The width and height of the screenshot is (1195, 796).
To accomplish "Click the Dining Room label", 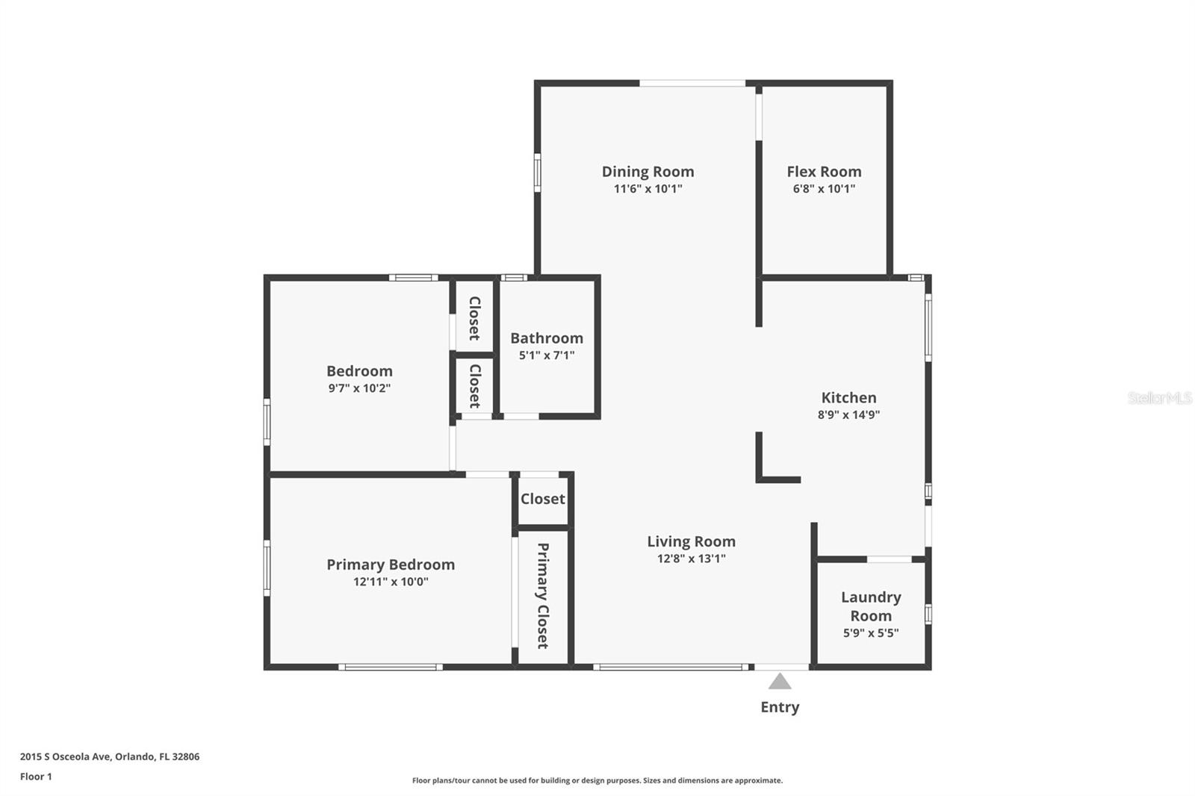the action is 648,172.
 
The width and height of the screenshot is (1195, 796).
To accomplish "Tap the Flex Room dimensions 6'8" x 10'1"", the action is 824,188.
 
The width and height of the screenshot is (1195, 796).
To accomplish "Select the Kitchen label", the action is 848,397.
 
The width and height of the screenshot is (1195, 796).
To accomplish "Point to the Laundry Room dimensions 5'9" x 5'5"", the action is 871,632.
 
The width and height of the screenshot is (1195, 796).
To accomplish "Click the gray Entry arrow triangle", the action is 780,681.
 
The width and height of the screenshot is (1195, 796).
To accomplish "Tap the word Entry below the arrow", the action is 780,707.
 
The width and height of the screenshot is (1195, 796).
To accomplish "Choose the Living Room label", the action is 691,541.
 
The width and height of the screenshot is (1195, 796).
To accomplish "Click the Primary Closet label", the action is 542,595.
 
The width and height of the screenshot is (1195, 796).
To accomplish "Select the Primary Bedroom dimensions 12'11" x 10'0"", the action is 391,582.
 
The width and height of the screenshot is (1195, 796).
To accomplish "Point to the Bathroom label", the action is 546,338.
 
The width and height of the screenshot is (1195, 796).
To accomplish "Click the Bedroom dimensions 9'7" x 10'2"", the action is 359,388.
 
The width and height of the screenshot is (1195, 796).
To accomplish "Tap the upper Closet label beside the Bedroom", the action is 474,318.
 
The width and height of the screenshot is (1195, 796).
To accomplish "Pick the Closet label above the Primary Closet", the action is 542,499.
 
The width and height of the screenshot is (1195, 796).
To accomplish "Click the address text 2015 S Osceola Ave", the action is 66,756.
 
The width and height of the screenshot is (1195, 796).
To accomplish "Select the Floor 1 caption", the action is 36,777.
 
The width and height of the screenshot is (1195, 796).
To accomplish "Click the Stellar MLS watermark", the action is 1159,398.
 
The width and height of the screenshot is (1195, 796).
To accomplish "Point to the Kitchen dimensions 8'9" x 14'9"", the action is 848,414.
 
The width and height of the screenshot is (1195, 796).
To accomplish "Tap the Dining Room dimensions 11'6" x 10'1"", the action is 648,188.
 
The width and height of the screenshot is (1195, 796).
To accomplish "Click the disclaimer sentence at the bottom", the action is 597,780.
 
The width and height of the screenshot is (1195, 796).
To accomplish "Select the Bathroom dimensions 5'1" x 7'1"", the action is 546,355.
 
